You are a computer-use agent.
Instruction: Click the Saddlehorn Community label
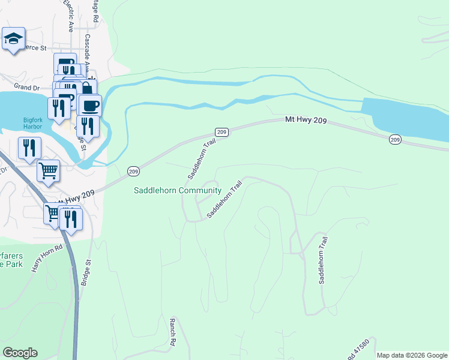tap(177, 191)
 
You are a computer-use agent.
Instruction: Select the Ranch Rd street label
tap(173, 331)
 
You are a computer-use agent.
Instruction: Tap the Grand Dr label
tap(26, 88)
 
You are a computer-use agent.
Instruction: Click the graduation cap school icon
tap(13, 40)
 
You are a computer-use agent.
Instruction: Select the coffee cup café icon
tap(90, 106)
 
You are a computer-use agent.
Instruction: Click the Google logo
tap(20, 353)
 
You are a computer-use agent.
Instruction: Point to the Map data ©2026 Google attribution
tap(412, 355)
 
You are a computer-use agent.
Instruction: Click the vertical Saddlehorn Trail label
tap(323, 260)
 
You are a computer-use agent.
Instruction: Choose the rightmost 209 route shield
tap(394, 140)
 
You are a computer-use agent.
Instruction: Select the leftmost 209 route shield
tap(133, 172)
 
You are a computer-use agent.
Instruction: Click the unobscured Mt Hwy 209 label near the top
tap(306, 121)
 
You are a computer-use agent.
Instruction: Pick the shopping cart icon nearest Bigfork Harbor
tap(49, 170)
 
